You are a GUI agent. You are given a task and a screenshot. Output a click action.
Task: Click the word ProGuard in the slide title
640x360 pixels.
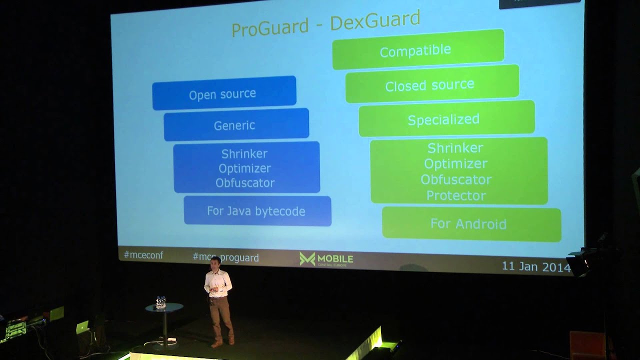(270, 27)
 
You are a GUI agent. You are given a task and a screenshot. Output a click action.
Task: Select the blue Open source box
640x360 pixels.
(224, 93)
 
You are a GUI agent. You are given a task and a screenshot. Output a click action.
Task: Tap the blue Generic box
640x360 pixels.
(236, 124)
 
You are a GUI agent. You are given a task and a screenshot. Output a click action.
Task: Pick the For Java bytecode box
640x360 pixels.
(257, 210)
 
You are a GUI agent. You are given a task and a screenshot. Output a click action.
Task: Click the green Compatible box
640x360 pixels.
(417, 49)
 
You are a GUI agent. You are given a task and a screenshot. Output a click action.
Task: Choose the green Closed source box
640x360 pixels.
(431, 84)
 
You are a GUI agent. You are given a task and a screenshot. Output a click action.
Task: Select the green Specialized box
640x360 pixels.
(446, 118)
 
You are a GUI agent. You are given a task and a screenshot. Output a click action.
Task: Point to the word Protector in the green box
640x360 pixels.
(456, 195)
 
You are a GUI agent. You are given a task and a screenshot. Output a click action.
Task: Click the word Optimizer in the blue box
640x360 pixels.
(245, 168)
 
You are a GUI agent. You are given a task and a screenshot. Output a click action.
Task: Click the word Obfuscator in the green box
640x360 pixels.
(456, 179)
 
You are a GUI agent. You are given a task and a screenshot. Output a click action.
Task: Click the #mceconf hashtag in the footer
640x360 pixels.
(143, 255)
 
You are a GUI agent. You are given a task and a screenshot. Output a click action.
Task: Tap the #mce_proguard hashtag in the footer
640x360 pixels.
(225, 257)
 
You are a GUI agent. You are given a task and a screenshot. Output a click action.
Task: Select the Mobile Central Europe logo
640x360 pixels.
(326, 259)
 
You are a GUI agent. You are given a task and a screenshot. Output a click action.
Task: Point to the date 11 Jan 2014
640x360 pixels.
(536, 266)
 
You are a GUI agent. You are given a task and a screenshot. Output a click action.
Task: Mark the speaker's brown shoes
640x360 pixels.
(223, 343)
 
